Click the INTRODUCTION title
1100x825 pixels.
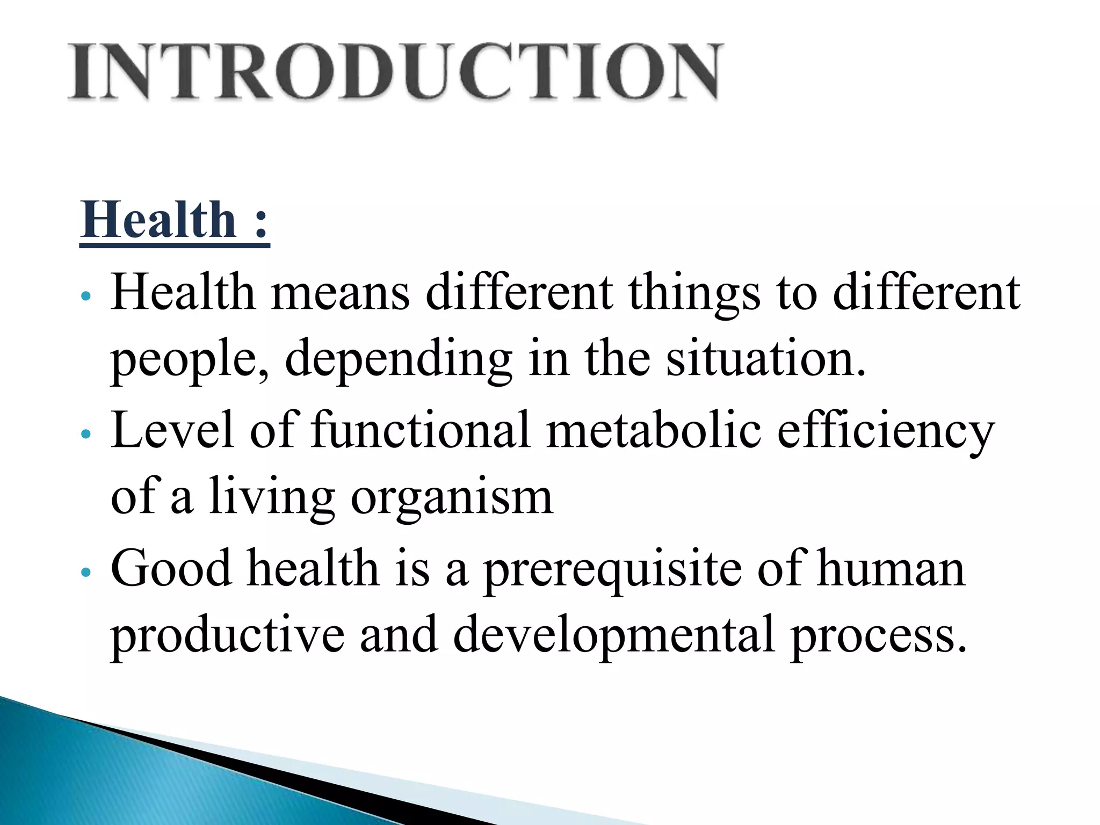pyautogui.click(x=396, y=72)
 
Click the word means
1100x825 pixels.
pyautogui.click(x=341, y=293)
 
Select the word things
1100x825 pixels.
pyautogui.click(x=694, y=293)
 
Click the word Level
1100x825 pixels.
pyautogui.click(x=172, y=430)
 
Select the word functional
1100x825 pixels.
pyautogui.click(x=421, y=430)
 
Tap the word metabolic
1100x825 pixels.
pyautogui.click(x=654, y=430)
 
